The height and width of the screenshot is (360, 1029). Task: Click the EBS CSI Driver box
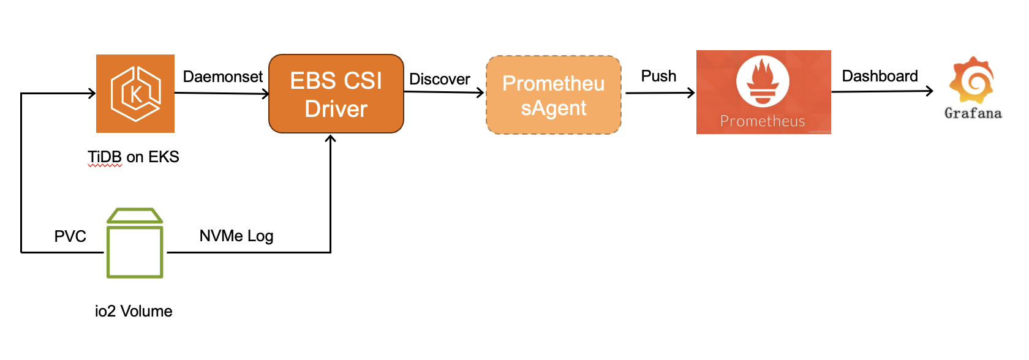point(336,94)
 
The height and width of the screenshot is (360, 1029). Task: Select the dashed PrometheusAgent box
point(553,96)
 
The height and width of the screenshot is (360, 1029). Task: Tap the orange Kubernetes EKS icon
point(135,94)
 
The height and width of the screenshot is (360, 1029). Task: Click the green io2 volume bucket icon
point(135,244)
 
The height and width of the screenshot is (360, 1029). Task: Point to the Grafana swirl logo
point(972,80)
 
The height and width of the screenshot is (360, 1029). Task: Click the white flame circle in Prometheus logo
point(763,81)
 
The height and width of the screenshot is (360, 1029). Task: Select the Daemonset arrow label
point(222,77)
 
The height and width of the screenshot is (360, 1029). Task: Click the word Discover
point(439,79)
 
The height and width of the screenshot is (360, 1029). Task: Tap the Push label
point(658,76)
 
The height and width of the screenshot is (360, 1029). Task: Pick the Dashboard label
point(880,76)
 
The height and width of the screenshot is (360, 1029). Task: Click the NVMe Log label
point(236,236)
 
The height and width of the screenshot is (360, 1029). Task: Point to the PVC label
point(70,236)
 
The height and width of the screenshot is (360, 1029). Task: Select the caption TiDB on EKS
point(134,157)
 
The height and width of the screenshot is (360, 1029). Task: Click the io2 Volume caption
point(134,311)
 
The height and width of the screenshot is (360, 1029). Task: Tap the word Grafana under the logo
point(973,113)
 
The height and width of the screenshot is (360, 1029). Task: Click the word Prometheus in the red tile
point(763,121)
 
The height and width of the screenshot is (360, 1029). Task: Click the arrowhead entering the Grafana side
point(930,91)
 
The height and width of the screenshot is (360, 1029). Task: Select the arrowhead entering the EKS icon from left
point(92,93)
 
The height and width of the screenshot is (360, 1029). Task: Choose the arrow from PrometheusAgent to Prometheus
point(659,93)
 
